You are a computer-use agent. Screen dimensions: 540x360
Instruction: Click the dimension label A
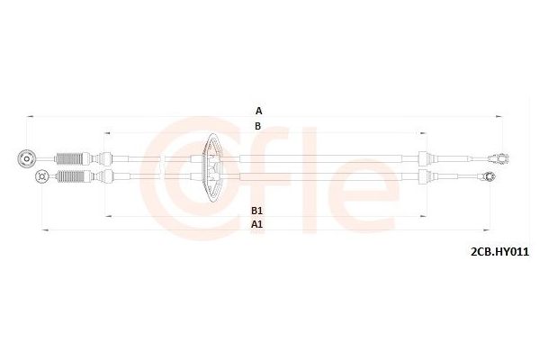click(x=258, y=111)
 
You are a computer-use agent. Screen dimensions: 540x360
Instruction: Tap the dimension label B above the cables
click(x=258, y=126)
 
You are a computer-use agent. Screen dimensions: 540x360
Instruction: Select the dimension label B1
click(x=256, y=210)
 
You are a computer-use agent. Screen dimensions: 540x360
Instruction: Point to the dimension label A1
click(x=256, y=224)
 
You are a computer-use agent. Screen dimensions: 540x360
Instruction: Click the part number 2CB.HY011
click(x=499, y=252)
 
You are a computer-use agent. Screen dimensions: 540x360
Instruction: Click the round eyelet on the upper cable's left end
click(x=26, y=158)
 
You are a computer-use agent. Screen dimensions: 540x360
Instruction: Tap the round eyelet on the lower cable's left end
click(x=42, y=176)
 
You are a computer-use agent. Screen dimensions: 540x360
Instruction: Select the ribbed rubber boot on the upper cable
click(x=68, y=158)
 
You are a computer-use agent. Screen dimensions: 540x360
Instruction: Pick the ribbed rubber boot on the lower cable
click(x=70, y=176)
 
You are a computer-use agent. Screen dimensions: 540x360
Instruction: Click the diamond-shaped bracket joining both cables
click(x=213, y=167)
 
